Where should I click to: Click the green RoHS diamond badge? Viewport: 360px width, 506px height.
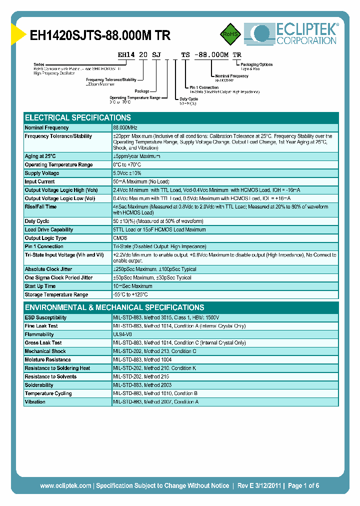pos(229,34)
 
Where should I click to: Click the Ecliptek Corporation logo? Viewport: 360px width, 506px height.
pos(290,33)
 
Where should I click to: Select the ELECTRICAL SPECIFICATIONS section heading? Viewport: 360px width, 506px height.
pos(78,117)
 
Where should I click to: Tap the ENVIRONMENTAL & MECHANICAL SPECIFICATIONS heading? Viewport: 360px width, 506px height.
pos(114,307)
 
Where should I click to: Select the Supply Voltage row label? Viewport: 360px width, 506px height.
pos(42,173)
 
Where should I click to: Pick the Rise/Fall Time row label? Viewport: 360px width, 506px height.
pos(40,206)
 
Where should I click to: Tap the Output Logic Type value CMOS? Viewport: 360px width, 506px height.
pos(120,238)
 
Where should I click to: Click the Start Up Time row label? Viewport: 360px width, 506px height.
pos(40,286)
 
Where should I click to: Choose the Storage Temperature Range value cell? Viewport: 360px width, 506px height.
pos(130,294)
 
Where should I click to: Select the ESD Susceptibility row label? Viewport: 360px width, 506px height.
pos(45,317)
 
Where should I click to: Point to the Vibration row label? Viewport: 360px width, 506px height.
pos(35,401)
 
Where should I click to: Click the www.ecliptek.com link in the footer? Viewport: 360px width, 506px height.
pos(65,485)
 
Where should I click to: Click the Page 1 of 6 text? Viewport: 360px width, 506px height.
pos(303,485)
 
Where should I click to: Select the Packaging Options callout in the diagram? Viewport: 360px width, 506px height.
pos(256,64)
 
